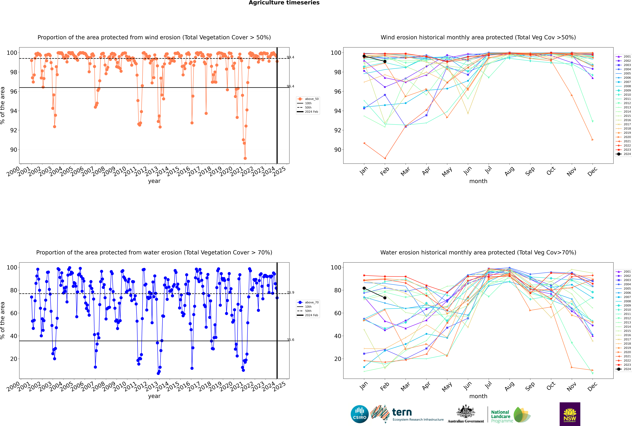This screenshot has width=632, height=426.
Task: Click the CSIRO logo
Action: coord(359,414)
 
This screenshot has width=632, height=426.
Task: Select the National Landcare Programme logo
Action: coord(510,415)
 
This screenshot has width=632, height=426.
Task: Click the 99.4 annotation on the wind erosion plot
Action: coord(290,57)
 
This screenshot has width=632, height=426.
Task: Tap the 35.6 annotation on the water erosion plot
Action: coord(290,340)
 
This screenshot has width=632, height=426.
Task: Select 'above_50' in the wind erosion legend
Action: coord(311,99)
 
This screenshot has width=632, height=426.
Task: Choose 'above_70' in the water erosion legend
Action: coord(311,302)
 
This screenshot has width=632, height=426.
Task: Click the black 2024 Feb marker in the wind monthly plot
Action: coord(385,61)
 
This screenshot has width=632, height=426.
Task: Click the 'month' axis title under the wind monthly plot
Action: coord(478,181)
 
